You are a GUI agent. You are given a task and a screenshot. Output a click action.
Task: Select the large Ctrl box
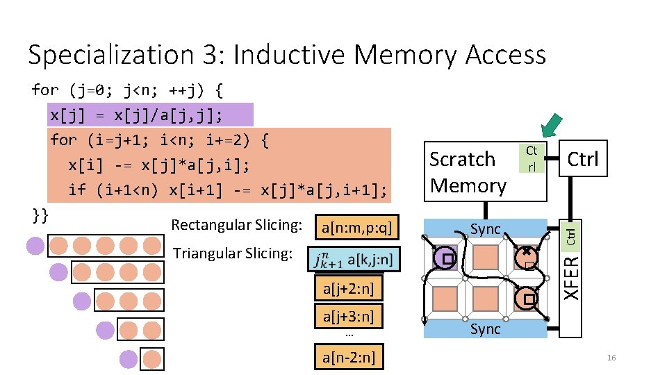click(582, 159)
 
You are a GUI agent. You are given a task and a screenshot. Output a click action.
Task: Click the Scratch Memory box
click(468, 172)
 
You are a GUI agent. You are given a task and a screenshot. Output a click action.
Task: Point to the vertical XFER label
click(570, 278)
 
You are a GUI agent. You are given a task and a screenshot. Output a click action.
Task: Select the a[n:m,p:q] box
click(357, 226)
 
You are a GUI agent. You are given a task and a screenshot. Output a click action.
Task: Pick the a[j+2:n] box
click(348, 288)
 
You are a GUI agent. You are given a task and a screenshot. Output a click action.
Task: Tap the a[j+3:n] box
click(348, 317)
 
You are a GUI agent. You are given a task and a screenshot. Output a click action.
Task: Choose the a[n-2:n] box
click(348, 358)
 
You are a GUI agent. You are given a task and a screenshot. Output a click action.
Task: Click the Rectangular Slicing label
click(236, 225)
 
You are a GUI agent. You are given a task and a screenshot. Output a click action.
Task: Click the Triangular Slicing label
click(232, 253)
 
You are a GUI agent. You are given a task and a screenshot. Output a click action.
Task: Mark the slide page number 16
click(611, 358)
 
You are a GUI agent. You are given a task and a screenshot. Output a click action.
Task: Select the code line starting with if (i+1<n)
click(227, 190)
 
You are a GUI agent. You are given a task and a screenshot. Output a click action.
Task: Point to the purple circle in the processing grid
click(443, 259)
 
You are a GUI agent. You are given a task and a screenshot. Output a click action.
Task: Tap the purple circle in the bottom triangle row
click(129, 358)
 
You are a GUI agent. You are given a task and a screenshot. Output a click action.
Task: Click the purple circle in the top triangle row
click(35, 246)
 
